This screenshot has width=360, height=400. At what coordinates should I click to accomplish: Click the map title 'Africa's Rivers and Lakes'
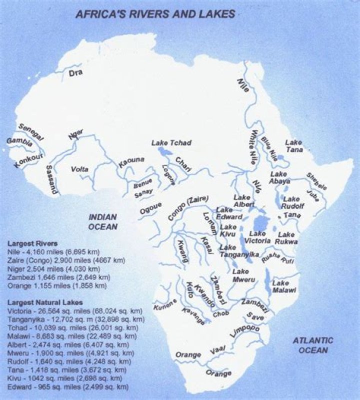tap(155, 13)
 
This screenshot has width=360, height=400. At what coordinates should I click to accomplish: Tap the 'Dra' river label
tap(75, 73)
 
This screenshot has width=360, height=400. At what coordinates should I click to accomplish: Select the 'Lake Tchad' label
tap(171, 143)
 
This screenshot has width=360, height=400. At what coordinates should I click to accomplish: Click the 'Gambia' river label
tap(19, 143)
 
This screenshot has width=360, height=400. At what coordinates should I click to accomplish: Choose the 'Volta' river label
tap(79, 169)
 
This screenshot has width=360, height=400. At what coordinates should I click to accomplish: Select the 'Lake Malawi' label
tap(284, 286)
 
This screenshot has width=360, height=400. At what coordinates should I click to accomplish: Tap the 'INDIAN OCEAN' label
tap(102, 222)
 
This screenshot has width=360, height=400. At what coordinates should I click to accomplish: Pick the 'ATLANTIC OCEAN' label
tap(312, 345)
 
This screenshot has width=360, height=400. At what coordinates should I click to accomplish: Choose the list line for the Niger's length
tap(58, 269)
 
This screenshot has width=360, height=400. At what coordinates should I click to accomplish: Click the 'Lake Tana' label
tap(293, 146)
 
